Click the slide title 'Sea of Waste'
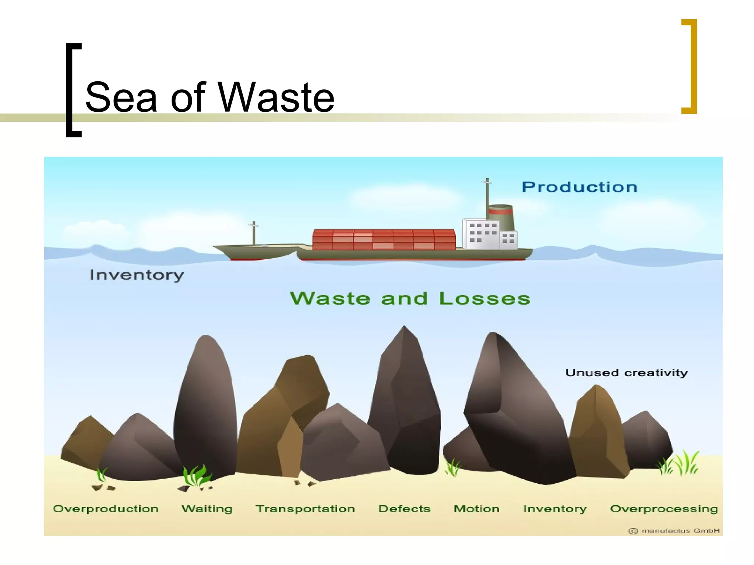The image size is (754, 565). click(x=209, y=97)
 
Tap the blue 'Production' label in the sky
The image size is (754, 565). click(x=579, y=187)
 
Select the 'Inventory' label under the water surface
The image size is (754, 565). click(x=137, y=275)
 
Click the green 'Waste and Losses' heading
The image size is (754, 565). click(x=410, y=298)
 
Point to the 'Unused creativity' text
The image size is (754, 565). click(x=626, y=373)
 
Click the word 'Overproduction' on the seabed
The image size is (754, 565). click(x=106, y=509)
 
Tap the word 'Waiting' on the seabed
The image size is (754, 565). click(x=207, y=509)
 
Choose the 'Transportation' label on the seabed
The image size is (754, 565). click(x=305, y=509)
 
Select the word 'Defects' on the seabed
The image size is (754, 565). click(x=404, y=509)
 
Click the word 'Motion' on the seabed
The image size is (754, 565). click(x=476, y=509)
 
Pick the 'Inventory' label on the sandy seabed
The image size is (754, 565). click(x=555, y=509)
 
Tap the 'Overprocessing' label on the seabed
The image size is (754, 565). click(x=664, y=509)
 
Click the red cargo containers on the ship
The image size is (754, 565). click(x=384, y=239)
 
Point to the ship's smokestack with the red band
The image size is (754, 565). click(x=501, y=217)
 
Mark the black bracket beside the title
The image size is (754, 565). click(x=73, y=90)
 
